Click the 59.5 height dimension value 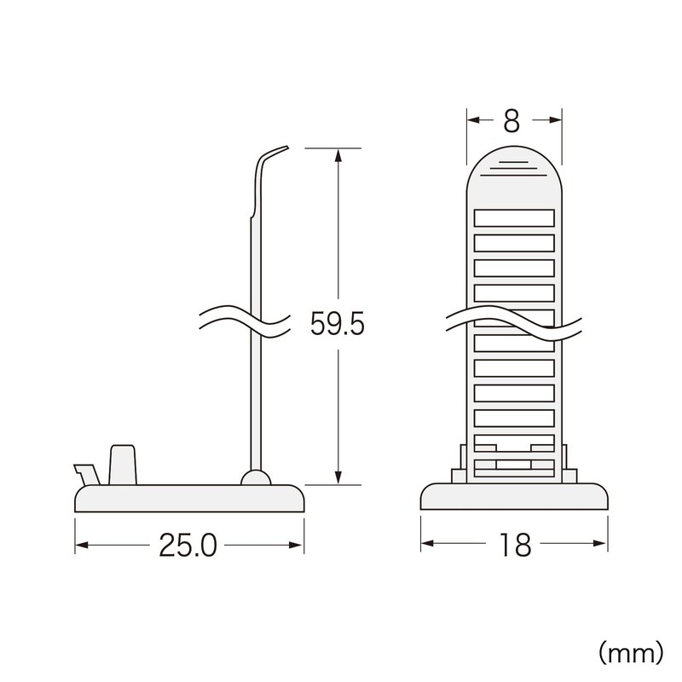[x=338, y=324]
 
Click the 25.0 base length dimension [x=189, y=546]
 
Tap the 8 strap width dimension [x=511, y=121]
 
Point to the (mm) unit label [x=630, y=652]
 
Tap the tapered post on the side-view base [x=123, y=464]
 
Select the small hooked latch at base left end [x=85, y=472]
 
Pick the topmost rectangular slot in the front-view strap [x=514, y=217]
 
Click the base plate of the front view [x=514, y=499]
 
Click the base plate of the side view [x=189, y=499]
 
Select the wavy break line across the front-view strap [x=514, y=324]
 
